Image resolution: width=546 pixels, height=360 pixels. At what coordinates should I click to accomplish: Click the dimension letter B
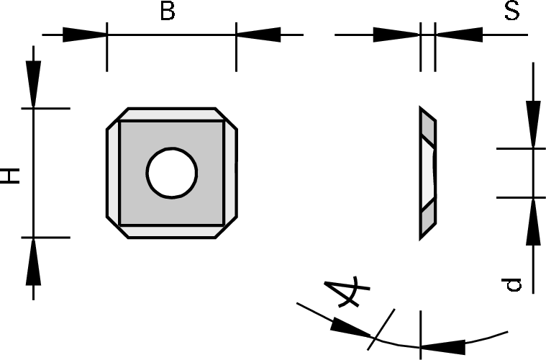(x=167, y=12)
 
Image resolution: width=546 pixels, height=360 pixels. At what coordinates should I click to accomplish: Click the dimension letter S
(x=512, y=12)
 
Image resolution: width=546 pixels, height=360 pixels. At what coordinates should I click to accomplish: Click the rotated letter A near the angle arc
(x=345, y=292)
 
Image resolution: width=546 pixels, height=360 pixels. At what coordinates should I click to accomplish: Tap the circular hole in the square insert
(x=172, y=173)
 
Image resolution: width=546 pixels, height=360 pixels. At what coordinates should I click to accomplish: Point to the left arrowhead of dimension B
(x=84, y=35)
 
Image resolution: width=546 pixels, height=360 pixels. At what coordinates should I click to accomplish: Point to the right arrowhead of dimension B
(x=258, y=35)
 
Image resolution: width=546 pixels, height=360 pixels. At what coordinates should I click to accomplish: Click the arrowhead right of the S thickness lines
(x=458, y=35)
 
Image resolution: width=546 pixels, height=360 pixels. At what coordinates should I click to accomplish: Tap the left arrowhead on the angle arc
(x=350, y=328)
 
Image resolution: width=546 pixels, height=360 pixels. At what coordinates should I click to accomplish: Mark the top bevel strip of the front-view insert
(x=172, y=114)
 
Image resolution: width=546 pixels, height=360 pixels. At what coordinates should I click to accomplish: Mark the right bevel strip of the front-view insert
(x=230, y=173)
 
